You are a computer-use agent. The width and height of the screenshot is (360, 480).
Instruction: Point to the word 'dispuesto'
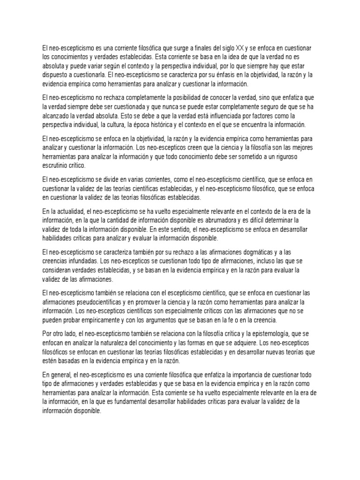(56, 75)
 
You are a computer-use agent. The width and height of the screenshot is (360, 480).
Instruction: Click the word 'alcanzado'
(57, 117)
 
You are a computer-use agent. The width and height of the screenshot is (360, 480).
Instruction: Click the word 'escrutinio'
(57, 166)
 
